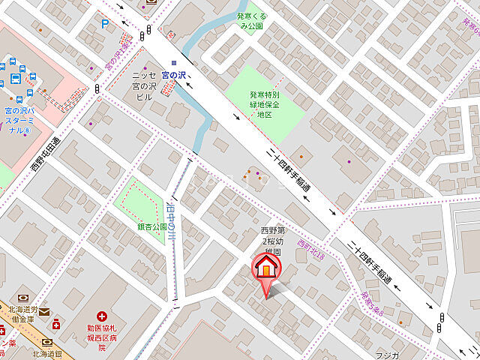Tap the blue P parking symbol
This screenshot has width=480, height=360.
105,24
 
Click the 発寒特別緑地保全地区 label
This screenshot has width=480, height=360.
264,104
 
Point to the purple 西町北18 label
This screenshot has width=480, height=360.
310,250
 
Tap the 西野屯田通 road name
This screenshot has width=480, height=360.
46,154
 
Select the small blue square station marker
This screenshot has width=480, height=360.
174,63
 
